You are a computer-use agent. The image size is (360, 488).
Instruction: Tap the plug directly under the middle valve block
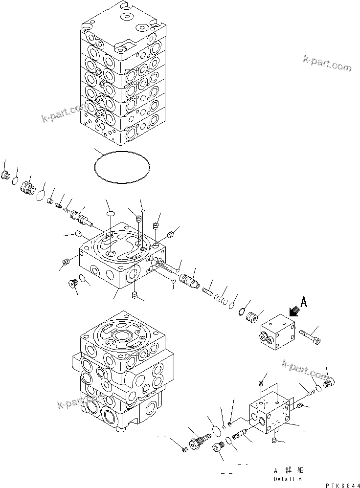pyautogui.click(x=135, y=295)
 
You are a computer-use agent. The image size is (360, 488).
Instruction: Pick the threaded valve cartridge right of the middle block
pyautogui.click(x=188, y=281)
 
